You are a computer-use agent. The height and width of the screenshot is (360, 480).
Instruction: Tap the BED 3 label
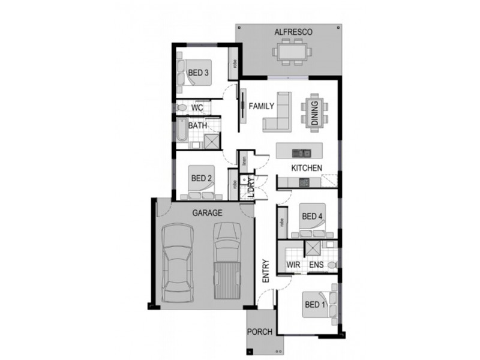pos(198,73)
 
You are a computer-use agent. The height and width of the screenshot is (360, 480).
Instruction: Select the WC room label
pos(197,108)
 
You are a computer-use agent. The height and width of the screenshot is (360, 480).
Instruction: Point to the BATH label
pos(197,126)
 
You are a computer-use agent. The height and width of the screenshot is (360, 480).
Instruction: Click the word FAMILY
pos(262,106)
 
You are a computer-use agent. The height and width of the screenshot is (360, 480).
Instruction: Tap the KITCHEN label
pos(307,168)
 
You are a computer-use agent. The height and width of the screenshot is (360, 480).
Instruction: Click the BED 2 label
pos(202,178)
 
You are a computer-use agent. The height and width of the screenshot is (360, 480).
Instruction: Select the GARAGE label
pos(208,212)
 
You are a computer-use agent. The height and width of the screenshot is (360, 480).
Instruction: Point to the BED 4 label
pos(312,217)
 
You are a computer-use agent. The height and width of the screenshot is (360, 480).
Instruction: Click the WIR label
pos(293,264)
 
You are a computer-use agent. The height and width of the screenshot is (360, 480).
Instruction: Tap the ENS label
pos(316,264)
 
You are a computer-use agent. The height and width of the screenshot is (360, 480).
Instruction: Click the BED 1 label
pos(313,304)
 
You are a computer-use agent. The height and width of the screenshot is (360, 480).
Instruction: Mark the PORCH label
pos(260,332)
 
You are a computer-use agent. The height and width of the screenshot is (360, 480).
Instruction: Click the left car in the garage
pos(176,263)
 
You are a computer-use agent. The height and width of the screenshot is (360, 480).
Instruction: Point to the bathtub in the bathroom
pos(181,132)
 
